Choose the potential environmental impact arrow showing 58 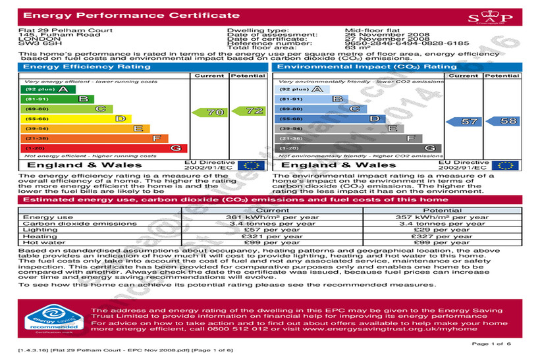[x=502, y=122]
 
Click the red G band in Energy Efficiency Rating [x=102, y=149]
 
